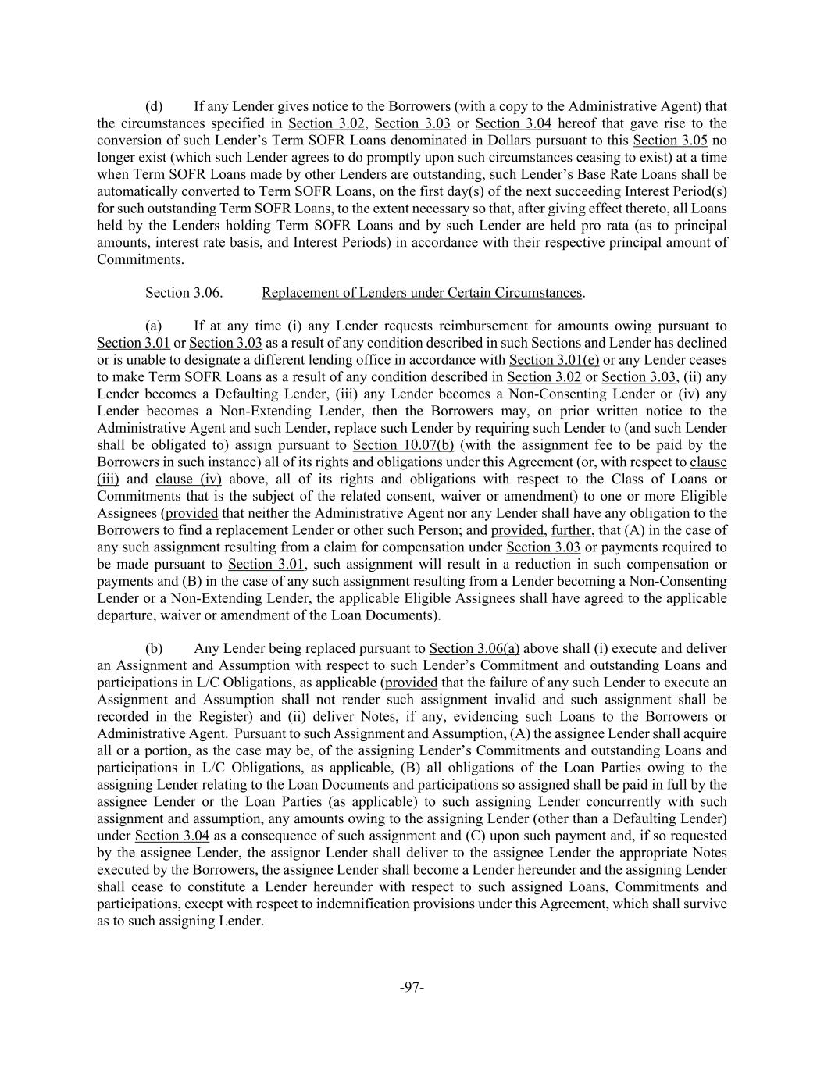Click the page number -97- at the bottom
[412, 987]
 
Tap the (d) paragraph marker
[154, 106]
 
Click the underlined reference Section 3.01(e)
[554, 360]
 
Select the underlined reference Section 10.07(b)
[398, 445]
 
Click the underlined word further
[571, 530]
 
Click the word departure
[124, 615]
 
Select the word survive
[704, 904]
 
